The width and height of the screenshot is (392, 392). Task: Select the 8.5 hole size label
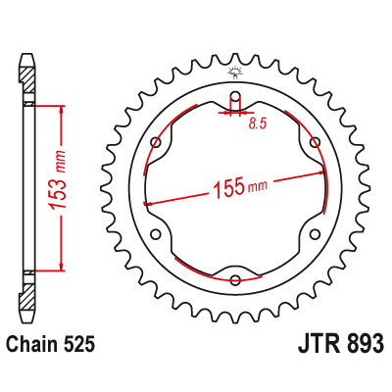[x=258, y=124]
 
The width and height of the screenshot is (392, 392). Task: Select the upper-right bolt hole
[x=314, y=144]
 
